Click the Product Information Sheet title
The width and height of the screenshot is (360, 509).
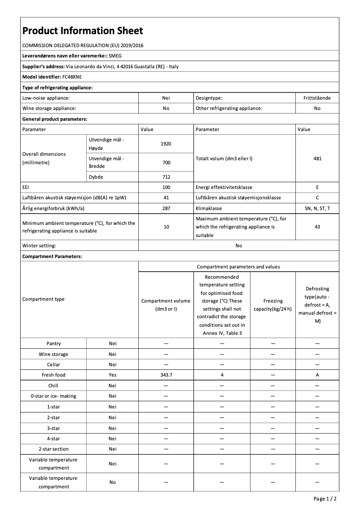coord(83,31)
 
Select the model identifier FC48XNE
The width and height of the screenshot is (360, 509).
coord(72,77)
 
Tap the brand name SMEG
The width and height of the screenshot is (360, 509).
coord(115,56)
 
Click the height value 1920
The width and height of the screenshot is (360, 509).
coord(166,144)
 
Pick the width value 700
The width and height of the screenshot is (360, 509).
coord(166,162)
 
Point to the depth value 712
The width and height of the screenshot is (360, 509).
coord(166,177)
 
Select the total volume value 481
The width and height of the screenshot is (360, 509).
coord(317,158)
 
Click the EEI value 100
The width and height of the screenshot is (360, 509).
coord(166,187)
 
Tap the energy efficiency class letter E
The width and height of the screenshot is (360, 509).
coord(317,187)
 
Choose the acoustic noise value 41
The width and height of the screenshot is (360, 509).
coord(166,198)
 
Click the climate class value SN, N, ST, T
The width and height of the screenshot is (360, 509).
coord(317,209)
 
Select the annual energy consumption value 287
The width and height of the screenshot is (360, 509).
coord(166,209)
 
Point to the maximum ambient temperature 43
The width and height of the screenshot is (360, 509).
coord(317,227)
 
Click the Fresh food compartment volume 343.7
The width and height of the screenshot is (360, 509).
coord(166,375)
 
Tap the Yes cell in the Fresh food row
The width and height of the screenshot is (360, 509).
coord(112,375)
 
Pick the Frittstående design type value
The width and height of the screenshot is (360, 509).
coord(317,97)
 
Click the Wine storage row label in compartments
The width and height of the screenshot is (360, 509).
coord(53,354)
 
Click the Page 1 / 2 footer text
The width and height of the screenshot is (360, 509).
coord(325,499)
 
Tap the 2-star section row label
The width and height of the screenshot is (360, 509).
coord(53,449)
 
